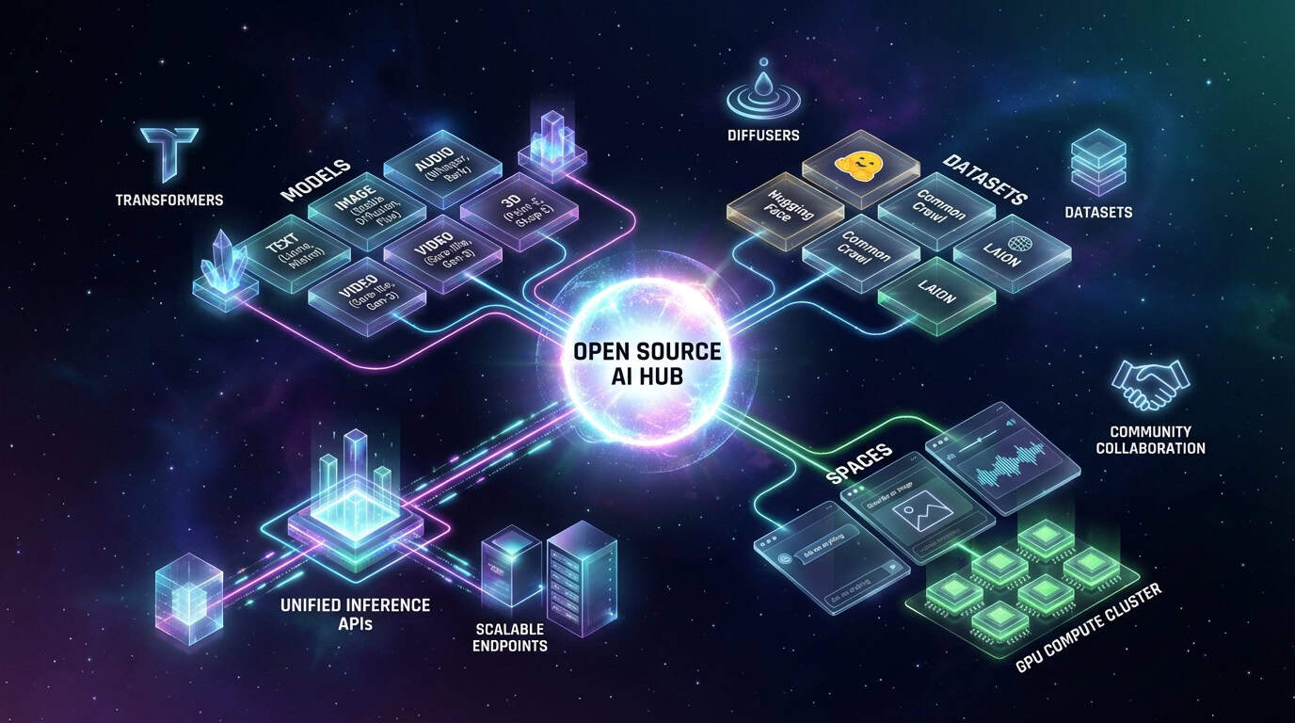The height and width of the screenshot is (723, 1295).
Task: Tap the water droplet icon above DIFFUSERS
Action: pos(762,96)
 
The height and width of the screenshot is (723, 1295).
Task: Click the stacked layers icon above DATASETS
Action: pos(1098,161)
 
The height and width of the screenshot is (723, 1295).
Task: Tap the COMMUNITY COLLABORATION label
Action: pos(1150,440)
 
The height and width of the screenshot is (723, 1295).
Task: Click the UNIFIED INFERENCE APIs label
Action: pos(355,613)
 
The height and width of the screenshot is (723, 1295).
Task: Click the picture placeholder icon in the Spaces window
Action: pos(918,515)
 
